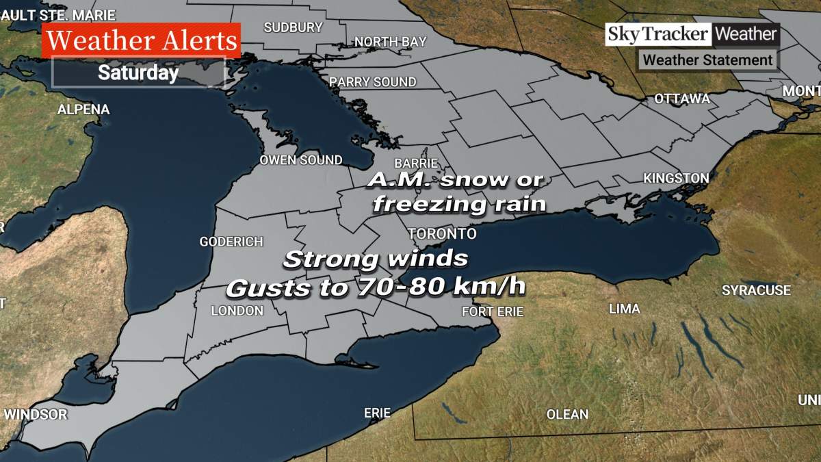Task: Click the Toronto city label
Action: tap(442, 234)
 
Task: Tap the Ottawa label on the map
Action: tap(682, 99)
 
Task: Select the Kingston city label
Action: tap(676, 179)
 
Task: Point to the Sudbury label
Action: tap(293, 27)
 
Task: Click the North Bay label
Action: tap(390, 42)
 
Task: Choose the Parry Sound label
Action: tap(373, 82)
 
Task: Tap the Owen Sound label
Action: tap(300, 160)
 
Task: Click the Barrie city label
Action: tap(416, 164)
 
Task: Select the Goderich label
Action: tap(231, 242)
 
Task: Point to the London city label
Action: tap(237, 311)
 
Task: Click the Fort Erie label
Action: tap(493, 311)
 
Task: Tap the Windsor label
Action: tap(36, 414)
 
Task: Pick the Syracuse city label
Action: tap(756, 291)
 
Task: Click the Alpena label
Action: tap(83, 110)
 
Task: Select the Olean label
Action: tap(567, 414)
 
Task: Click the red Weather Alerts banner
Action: tap(142, 40)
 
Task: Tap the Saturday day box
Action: tap(138, 73)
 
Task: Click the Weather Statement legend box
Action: tap(707, 60)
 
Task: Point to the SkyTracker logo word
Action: tap(657, 34)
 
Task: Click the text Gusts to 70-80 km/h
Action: tap(376, 287)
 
